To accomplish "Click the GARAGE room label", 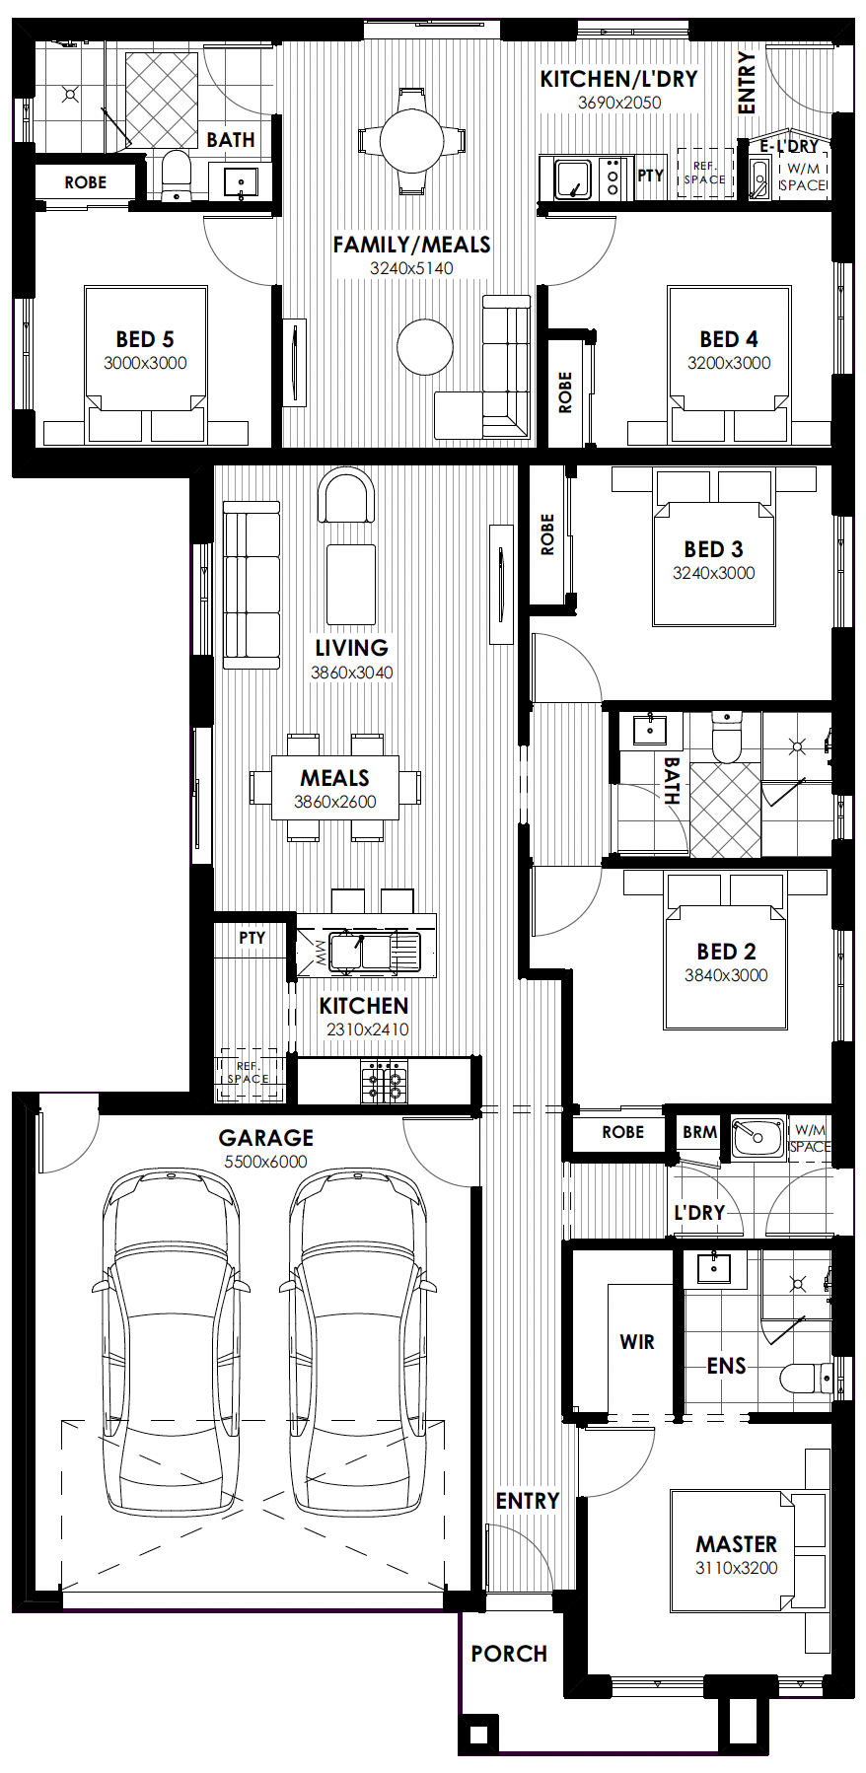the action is click(x=265, y=1138).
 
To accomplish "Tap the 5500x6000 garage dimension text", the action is click(x=265, y=1162).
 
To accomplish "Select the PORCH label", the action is click(x=509, y=1654).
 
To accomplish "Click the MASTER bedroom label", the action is click(x=736, y=1544).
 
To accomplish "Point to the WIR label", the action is click(x=637, y=1342).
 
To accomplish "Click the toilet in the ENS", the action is click(x=808, y=1378).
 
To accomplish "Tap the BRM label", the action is click(x=700, y=1132).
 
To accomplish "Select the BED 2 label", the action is click(x=726, y=952).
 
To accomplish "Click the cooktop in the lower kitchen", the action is click(x=384, y=1081).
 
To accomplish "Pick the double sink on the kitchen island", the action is click(x=359, y=952).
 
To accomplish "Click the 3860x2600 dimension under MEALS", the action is click(x=335, y=802).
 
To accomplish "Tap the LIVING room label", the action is click(x=351, y=648).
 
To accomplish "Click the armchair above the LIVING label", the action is click(x=346, y=495).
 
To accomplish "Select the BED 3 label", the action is click(x=713, y=549).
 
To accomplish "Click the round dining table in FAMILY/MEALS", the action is click(x=411, y=140).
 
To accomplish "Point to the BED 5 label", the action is click(x=145, y=339).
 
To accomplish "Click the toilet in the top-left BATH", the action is click(x=176, y=176).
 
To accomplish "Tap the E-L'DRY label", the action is click(x=789, y=146).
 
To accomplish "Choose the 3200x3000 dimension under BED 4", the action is click(x=729, y=363).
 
